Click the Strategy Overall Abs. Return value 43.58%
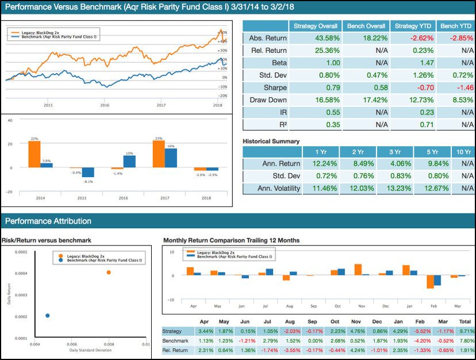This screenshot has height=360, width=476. (x=316, y=38)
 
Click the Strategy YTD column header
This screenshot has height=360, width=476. (x=412, y=26)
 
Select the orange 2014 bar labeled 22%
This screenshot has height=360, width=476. (x=34, y=154)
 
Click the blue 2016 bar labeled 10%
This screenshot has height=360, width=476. (x=130, y=161)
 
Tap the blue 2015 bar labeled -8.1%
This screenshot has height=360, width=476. (x=88, y=173)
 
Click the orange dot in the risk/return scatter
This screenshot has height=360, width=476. (x=109, y=272)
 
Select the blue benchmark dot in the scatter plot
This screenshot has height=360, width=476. (x=47, y=315)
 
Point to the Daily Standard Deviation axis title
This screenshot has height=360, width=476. (x=91, y=350)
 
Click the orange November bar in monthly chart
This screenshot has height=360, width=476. (x=358, y=270)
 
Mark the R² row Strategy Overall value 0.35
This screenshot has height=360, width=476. (x=316, y=125)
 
